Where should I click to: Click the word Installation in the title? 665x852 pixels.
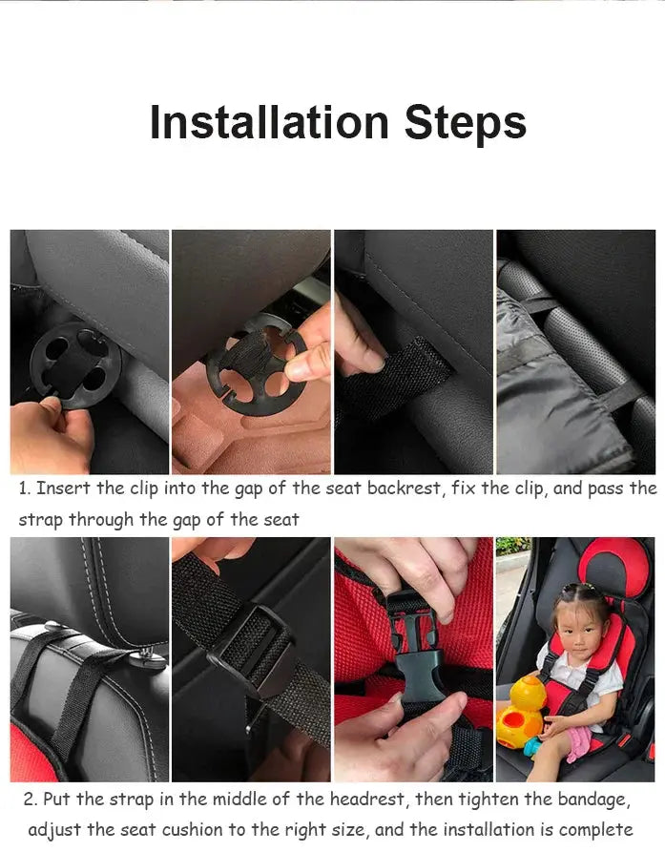(x=268, y=123)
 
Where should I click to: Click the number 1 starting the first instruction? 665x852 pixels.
(x=24, y=488)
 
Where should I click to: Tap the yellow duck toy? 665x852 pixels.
(x=520, y=711)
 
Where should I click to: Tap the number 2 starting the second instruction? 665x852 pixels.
(x=30, y=799)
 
